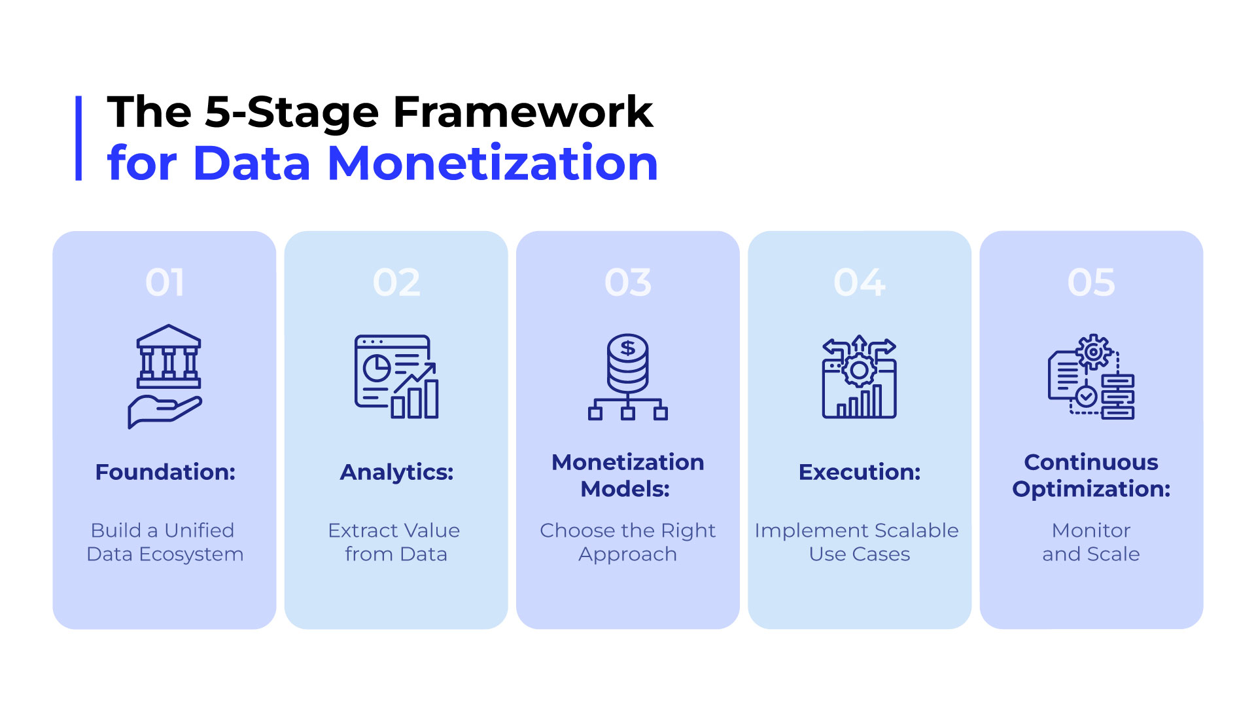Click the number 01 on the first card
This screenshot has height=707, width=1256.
tap(165, 283)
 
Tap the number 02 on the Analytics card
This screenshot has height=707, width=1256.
tap(396, 283)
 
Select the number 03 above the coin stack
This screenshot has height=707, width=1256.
tap(628, 283)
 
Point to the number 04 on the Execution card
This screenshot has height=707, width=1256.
tap(860, 283)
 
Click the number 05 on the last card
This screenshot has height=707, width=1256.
tap(1091, 283)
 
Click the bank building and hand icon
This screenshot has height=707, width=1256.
tap(166, 376)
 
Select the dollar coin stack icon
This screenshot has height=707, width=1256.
tap(628, 377)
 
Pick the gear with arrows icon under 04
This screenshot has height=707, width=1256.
tap(860, 377)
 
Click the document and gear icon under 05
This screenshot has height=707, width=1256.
tap(1091, 377)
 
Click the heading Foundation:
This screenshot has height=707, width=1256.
tap(165, 472)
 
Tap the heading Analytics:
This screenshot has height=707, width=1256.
tap(396, 472)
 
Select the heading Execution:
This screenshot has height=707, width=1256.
tap(860, 472)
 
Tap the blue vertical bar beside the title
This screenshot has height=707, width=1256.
tap(78, 138)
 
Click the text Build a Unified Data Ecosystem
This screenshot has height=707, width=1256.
tap(165, 542)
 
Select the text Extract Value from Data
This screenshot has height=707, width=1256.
tap(395, 542)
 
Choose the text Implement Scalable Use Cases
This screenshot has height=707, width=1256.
tap(857, 542)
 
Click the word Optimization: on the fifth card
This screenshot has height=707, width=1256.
tap(1091, 489)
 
